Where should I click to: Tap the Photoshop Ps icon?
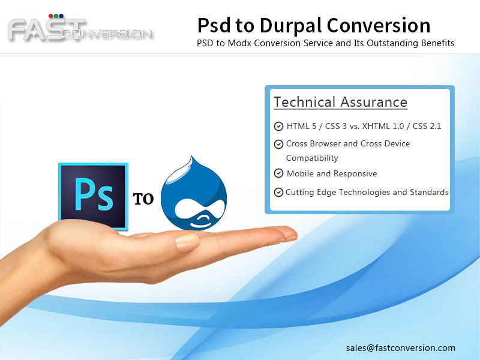pyautogui.click(x=93, y=197)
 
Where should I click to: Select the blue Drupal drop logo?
pyautogui.click(x=194, y=193)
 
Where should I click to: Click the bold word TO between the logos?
pyautogui.click(x=143, y=199)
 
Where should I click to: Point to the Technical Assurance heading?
pyautogui.click(x=340, y=102)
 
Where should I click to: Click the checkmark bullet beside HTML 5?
pyautogui.click(x=278, y=126)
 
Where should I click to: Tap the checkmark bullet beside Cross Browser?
pyautogui.click(x=278, y=144)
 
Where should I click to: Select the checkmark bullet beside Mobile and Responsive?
pyautogui.click(x=278, y=173)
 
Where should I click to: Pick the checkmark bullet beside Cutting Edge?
pyautogui.click(x=278, y=192)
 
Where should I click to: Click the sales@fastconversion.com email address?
pyautogui.click(x=401, y=348)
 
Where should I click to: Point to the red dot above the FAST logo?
pyautogui.click(x=51, y=16)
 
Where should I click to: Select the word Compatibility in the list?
pyautogui.click(x=312, y=158)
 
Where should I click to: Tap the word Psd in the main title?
pyautogui.click(x=214, y=25)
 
